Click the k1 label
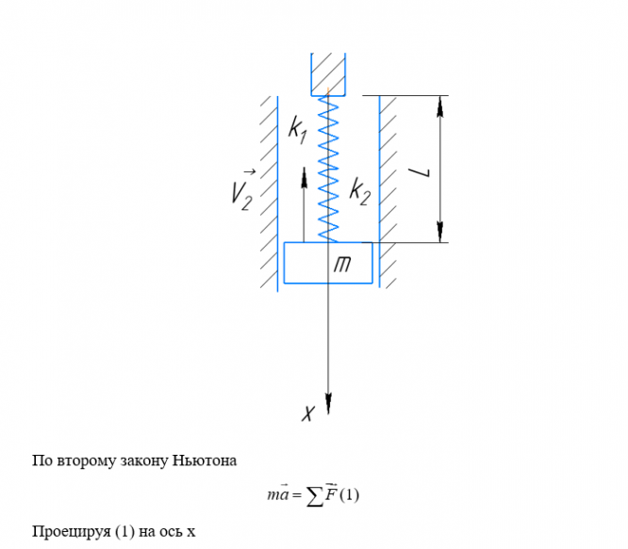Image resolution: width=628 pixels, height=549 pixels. [297, 131]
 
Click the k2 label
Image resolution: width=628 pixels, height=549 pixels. [359, 190]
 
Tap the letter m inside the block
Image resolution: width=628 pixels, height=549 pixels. [343, 266]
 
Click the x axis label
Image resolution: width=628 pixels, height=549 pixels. [307, 412]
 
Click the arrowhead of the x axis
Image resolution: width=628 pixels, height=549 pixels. [328, 404]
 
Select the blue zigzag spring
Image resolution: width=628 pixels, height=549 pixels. [328, 170]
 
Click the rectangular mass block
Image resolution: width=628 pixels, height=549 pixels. [311, 263]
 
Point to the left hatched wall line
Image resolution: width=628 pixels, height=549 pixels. [276, 188]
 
